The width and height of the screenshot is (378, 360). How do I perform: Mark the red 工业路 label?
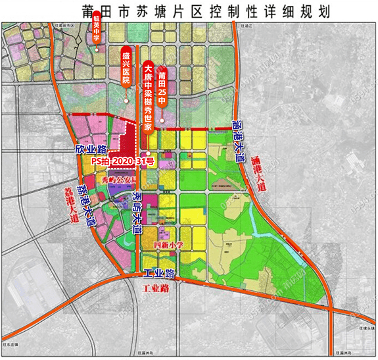click(x=157, y=288)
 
